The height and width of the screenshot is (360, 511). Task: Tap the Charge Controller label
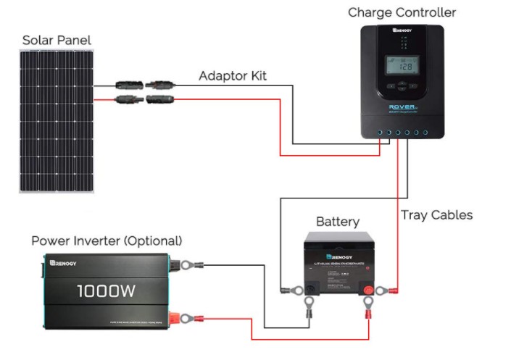click(402, 12)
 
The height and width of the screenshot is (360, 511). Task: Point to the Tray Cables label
click(436, 215)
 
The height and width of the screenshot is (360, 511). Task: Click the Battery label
click(337, 222)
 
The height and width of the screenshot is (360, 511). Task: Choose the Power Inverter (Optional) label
click(107, 240)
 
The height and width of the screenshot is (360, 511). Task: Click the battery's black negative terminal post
click(309, 290)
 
